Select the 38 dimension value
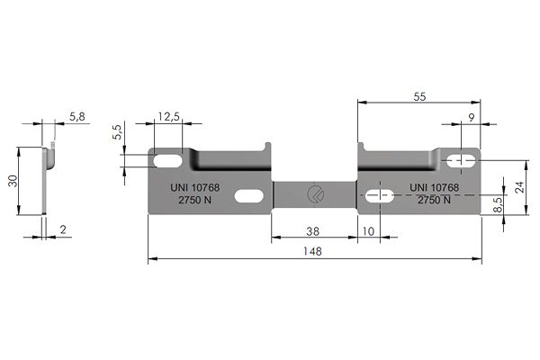(x=312, y=230)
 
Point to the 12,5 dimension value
(x=168, y=116)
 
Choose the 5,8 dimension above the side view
(x=78, y=116)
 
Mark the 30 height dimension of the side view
(x=13, y=180)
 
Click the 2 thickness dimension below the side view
(x=63, y=230)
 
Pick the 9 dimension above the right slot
(x=471, y=116)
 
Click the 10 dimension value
(x=368, y=230)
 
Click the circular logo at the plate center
(x=314, y=194)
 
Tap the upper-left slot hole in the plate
(x=168, y=160)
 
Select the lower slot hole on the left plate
(x=250, y=194)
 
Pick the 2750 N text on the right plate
(x=436, y=202)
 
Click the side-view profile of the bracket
(x=47, y=179)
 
